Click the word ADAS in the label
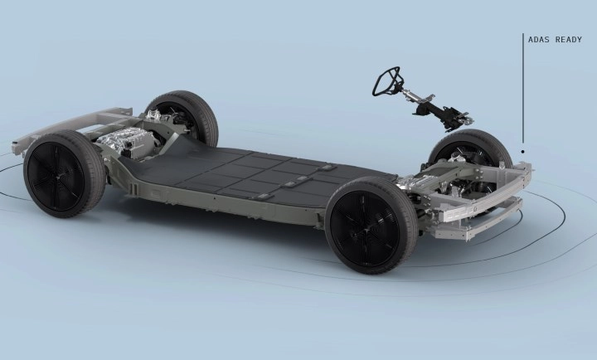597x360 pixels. point(537,40)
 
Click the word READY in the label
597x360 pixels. point(569,40)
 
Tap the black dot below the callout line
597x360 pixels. point(522,152)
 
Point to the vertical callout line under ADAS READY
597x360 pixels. point(522,89)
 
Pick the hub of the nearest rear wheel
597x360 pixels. point(57,178)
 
